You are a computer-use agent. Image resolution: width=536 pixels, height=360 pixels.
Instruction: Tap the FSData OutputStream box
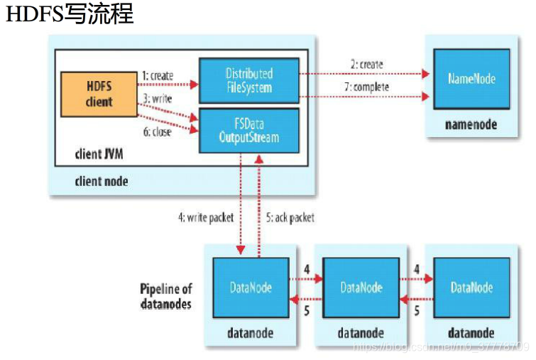(x=248, y=130)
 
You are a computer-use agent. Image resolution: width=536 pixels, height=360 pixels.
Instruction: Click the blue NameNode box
(x=471, y=78)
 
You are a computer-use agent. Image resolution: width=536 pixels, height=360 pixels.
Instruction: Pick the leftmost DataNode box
(x=251, y=288)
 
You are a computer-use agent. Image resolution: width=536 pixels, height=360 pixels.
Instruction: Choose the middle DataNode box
(x=361, y=288)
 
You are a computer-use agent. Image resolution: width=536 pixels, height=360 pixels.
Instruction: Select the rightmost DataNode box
(x=471, y=288)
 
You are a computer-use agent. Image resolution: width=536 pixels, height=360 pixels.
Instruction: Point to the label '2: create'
(x=366, y=65)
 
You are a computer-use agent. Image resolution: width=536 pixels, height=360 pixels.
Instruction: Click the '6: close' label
(x=156, y=132)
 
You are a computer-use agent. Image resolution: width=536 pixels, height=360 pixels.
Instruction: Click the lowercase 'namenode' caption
(x=471, y=124)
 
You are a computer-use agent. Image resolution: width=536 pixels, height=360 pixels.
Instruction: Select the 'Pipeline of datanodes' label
(x=165, y=296)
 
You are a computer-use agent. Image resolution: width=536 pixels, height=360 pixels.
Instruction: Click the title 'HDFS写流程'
(x=70, y=15)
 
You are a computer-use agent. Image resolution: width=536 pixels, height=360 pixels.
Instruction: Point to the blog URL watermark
(x=441, y=347)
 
